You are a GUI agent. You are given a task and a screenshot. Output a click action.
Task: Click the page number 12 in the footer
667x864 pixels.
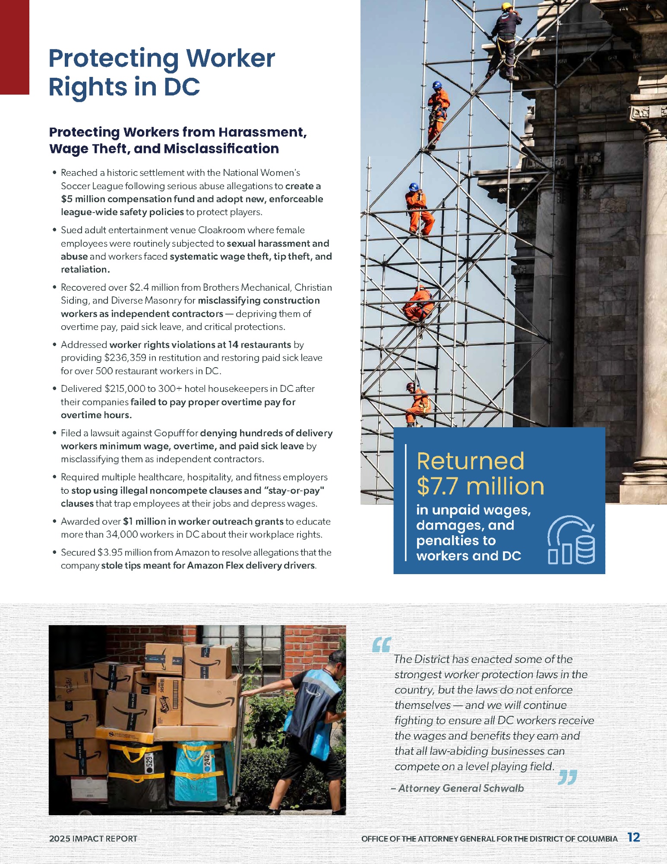click(633, 837)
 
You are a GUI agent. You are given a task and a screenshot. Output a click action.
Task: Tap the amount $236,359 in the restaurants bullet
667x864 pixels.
click(125, 358)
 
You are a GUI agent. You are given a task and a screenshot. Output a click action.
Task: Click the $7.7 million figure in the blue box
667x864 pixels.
click(480, 486)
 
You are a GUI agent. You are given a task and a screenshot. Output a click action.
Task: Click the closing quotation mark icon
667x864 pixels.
click(567, 777)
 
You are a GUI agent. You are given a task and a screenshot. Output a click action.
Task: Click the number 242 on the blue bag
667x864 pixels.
click(207, 760)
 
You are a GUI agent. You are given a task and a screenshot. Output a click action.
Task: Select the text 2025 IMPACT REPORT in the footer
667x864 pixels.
click(93, 839)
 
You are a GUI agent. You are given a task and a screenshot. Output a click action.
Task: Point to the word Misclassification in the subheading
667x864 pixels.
click(221, 149)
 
